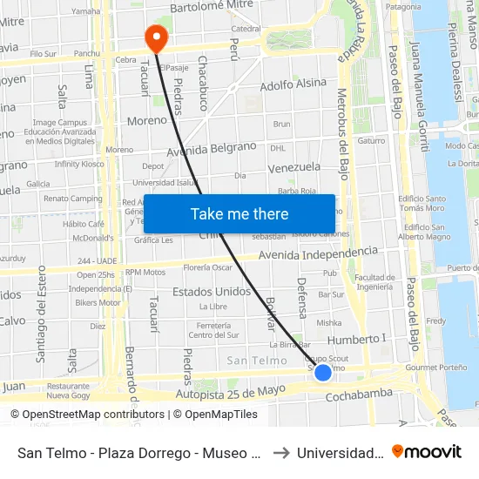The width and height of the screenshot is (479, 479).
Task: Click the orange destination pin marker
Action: (x=156, y=37)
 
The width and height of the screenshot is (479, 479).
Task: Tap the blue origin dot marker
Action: (x=322, y=372)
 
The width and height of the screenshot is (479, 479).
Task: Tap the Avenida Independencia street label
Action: (x=319, y=254)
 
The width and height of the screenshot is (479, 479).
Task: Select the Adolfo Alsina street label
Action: (x=293, y=85)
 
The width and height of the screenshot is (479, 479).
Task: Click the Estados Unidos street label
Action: (x=212, y=291)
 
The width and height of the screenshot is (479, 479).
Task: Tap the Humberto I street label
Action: (x=356, y=339)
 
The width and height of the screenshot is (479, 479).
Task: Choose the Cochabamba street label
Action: (x=359, y=395)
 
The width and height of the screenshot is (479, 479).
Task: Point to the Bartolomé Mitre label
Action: (x=210, y=8)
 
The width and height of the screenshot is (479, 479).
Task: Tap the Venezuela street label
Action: (x=294, y=167)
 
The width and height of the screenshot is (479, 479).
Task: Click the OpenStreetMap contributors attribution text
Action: (x=87, y=415)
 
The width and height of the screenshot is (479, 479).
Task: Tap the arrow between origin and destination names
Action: (x=280, y=452)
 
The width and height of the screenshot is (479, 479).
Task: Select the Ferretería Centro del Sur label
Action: (x=213, y=329)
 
